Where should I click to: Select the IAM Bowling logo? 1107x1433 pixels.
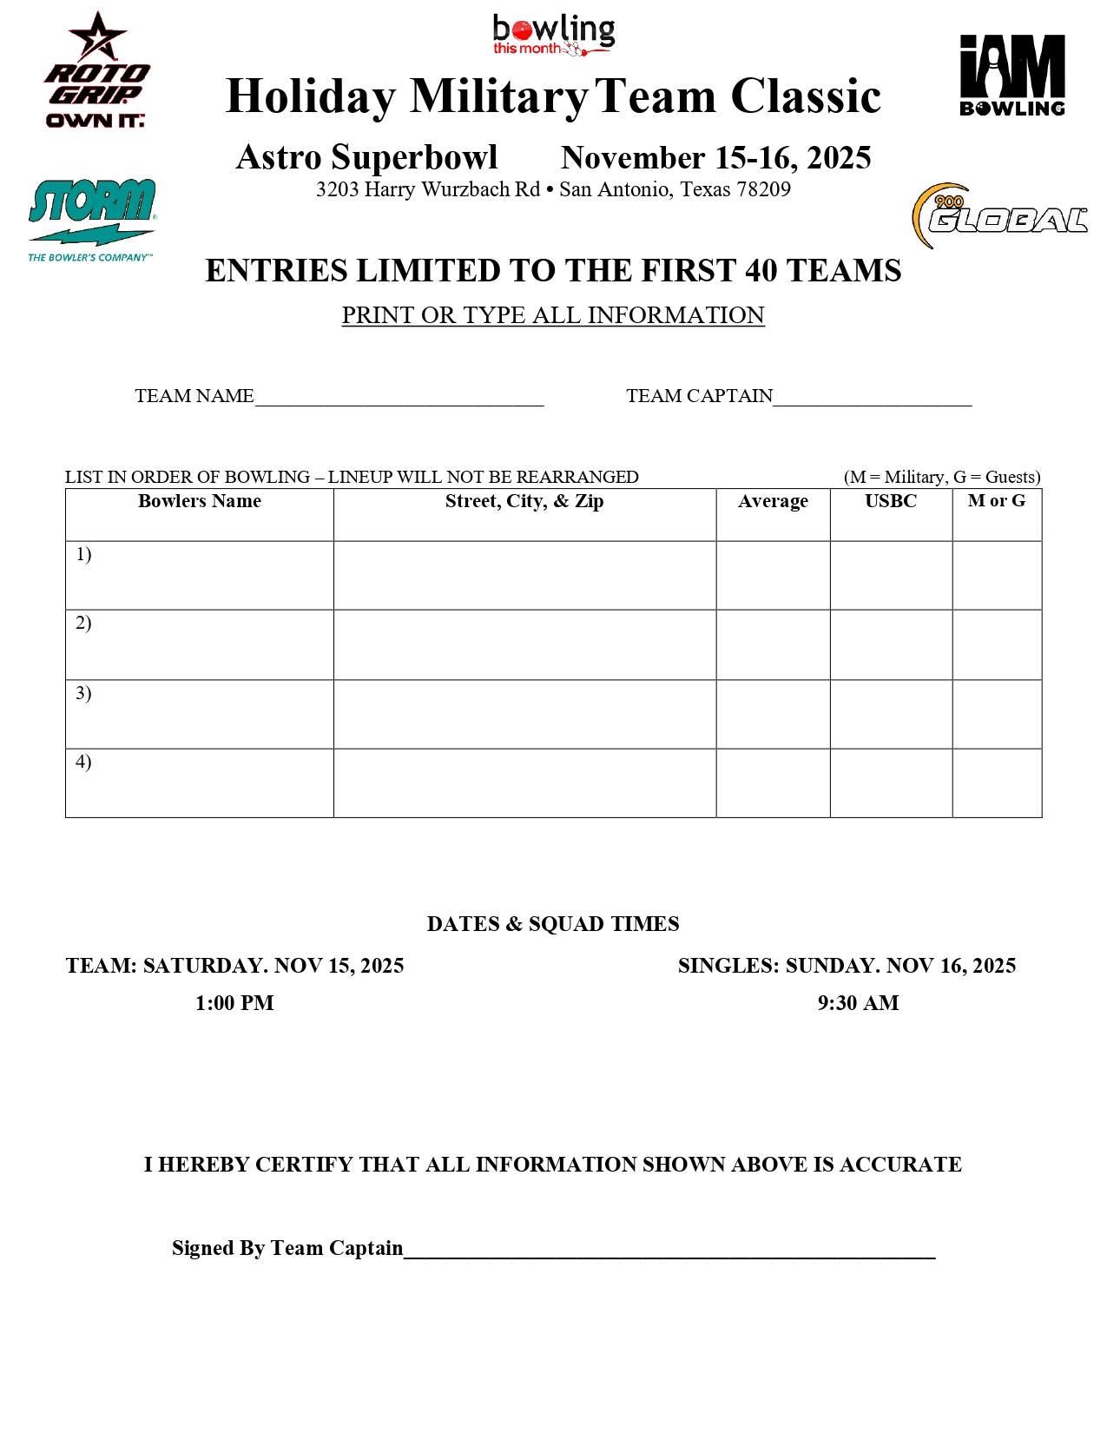pos(1011,76)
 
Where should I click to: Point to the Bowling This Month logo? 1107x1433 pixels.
pos(553,36)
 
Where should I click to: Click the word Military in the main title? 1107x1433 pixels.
pos(499,96)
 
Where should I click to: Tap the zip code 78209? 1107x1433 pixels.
pos(762,189)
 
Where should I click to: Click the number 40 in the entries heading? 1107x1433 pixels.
pos(761,271)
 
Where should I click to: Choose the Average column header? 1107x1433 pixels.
pos(773,501)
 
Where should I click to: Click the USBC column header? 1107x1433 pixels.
pos(891,501)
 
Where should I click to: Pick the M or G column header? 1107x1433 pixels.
pos(997,501)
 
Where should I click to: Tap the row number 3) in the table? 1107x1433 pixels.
pos(83,693)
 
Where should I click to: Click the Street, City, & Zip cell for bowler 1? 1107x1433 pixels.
pos(524,575)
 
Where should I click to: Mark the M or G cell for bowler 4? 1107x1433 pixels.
pos(997,783)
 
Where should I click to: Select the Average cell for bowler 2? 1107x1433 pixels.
pos(773,644)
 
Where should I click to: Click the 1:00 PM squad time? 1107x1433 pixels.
pos(234,1003)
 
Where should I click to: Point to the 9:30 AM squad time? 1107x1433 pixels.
pos(858,1003)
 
